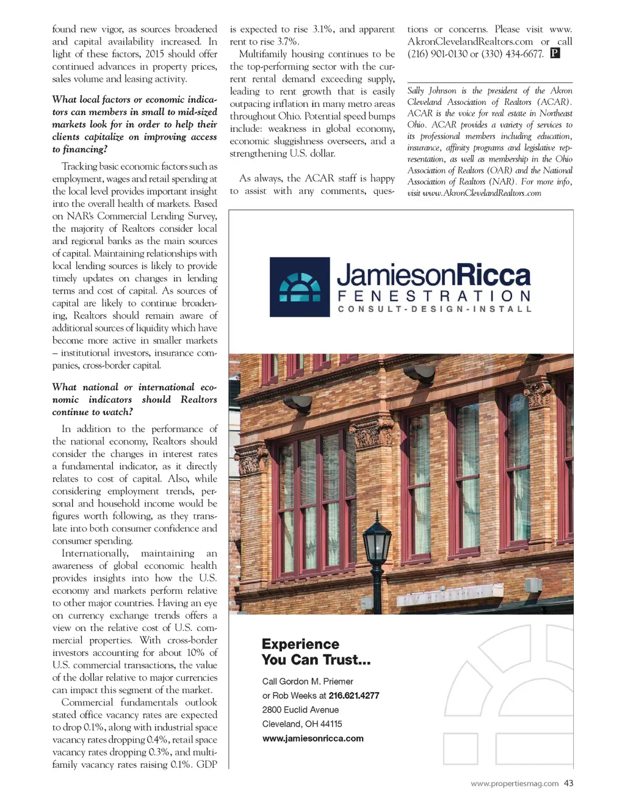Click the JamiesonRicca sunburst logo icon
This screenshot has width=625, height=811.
300,287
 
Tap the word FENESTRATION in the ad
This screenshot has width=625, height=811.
434,297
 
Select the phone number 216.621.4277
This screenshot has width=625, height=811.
354,696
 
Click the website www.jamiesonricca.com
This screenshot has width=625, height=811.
312,738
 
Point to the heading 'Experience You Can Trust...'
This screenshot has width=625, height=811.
316,652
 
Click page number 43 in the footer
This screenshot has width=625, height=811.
568,784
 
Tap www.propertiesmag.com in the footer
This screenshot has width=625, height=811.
514,784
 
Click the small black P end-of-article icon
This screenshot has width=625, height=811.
555,54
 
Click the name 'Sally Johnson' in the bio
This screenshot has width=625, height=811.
432,91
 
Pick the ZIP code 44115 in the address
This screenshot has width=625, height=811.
331,724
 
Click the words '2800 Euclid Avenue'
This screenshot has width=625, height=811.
300,710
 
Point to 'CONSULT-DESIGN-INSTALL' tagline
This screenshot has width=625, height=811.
434,309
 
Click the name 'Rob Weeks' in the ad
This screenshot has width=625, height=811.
294,696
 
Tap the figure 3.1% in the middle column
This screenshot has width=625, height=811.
323,29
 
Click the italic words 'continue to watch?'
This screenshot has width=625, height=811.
92,413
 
